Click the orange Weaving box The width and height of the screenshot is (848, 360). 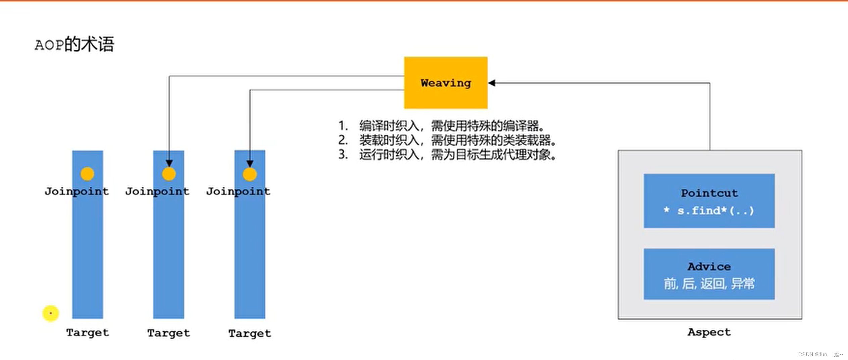coord(445,83)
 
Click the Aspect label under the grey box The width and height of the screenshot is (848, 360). coord(709,332)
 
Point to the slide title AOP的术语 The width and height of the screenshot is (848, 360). coord(74,44)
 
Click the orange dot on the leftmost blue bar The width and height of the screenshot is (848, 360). coord(87,173)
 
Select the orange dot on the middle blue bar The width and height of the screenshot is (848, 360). coord(168,174)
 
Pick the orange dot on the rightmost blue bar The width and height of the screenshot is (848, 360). coord(250,174)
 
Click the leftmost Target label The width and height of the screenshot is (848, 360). coord(88,332)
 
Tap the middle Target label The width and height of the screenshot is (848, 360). coord(168,333)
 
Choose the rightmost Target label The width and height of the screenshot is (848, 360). coord(250,333)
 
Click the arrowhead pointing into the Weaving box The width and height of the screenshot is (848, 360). coord(492,83)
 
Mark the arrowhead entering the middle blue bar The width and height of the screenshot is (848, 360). coord(169,163)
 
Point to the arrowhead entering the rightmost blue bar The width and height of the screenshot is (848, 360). coord(250,164)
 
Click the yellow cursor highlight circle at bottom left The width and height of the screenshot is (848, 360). coord(51,313)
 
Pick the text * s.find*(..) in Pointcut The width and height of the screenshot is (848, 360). coord(709,211)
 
